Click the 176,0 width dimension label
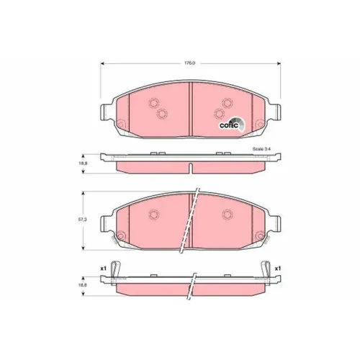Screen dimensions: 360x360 189,63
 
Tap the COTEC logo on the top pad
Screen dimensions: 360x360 233,125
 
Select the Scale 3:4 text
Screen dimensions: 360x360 261,149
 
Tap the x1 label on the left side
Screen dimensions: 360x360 103,269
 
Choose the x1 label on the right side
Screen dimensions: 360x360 278,269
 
